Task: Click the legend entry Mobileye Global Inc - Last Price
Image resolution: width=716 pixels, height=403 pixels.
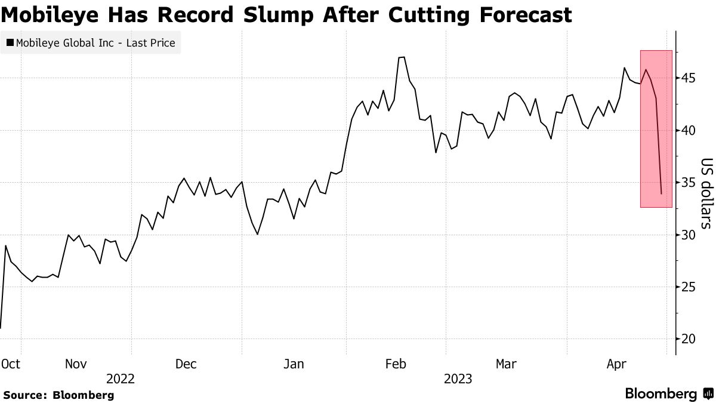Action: click(x=90, y=43)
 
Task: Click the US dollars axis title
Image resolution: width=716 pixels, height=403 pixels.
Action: click(x=706, y=193)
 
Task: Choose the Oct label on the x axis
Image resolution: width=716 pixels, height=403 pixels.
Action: click(x=11, y=364)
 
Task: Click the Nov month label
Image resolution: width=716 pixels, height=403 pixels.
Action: click(x=76, y=364)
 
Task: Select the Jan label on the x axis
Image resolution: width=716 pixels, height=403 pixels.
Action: click(x=295, y=364)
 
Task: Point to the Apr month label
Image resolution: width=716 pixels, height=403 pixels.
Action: click(x=617, y=364)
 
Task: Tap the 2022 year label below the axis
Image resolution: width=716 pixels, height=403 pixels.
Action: click(x=121, y=379)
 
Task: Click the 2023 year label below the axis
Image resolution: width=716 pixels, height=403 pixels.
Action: click(x=458, y=379)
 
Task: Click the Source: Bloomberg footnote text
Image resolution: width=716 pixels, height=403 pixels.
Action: click(x=58, y=395)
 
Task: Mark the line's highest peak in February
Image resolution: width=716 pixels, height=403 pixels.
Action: click(x=402, y=57)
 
